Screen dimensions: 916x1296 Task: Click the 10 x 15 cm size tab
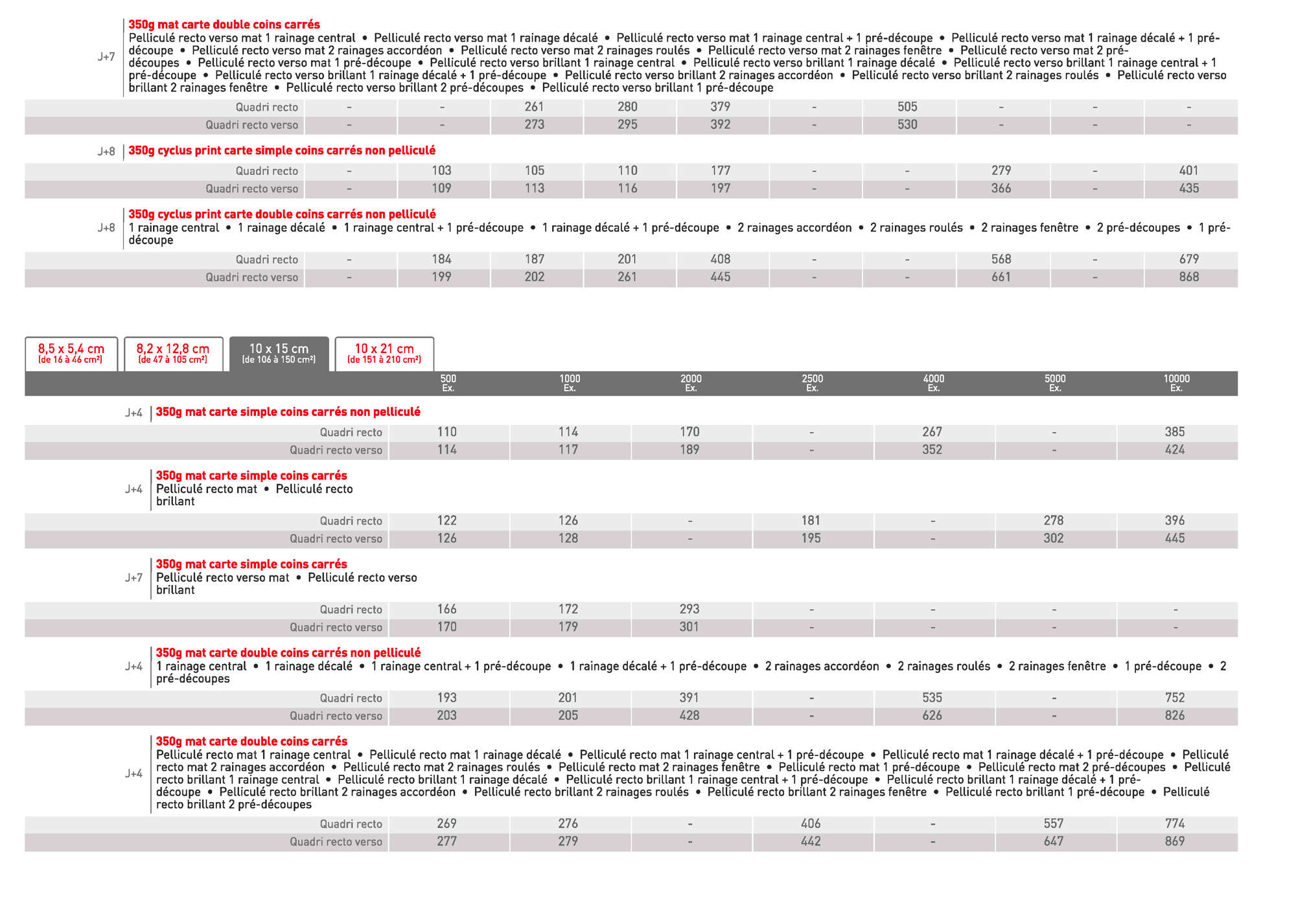point(279,353)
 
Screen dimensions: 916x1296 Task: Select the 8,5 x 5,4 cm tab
point(71,353)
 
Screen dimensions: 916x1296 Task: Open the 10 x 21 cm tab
point(384,353)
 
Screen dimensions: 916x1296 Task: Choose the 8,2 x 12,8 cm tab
point(173,353)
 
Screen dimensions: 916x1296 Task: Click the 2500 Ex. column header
point(812,383)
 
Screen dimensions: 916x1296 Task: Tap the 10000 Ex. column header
point(1176,383)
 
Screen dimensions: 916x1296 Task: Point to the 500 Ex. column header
point(448,383)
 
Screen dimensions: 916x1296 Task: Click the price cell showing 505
point(907,107)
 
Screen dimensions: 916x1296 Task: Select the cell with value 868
point(1188,277)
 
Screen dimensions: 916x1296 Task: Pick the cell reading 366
point(1001,189)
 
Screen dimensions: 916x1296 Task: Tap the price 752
point(1174,698)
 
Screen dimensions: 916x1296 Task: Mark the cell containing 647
point(1053,842)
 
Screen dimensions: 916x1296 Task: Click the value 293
point(689,609)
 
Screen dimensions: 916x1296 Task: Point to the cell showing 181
point(811,520)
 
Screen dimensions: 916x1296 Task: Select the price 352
point(932,450)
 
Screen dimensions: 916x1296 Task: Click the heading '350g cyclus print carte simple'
point(282,150)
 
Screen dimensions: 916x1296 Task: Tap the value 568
point(1001,259)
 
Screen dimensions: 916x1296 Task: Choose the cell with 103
point(441,170)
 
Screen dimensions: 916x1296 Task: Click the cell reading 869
point(1174,842)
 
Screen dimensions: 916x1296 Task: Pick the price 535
point(932,698)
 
